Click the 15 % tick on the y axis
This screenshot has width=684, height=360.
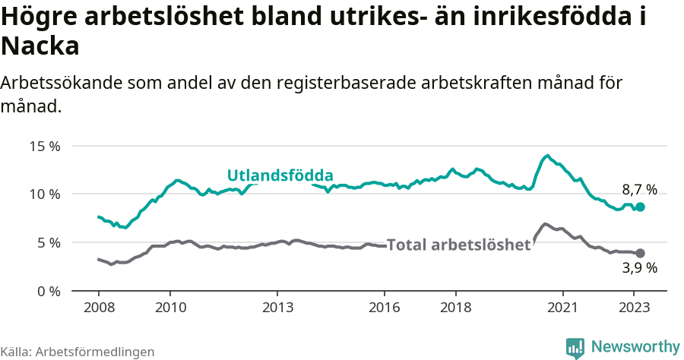tap(44, 146)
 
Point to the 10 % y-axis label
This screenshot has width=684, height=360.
tap(44, 194)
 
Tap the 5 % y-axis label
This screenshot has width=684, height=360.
tap(47, 243)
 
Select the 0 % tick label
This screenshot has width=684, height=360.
tap(47, 291)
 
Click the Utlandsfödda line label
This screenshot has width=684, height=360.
tap(280, 176)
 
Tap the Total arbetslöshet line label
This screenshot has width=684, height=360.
tap(458, 245)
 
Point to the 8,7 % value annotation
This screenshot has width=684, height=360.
tap(639, 190)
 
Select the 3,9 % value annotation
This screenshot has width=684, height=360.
tap(639, 267)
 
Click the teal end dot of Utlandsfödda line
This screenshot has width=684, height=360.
tap(641, 207)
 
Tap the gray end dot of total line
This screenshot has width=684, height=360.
tap(641, 253)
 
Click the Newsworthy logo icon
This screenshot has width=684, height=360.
tap(575, 347)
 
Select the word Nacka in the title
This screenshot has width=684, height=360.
tap(40, 47)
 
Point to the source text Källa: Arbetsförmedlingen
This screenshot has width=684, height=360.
tap(78, 352)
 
